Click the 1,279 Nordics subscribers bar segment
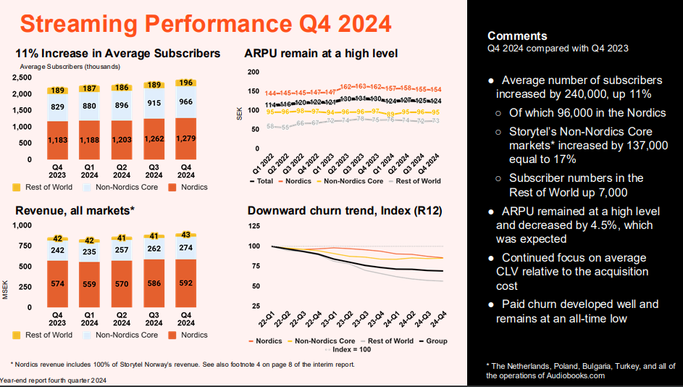pyautogui.click(x=186, y=138)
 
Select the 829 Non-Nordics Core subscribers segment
pyautogui.click(x=57, y=107)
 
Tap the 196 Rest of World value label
pyautogui.click(x=186, y=83)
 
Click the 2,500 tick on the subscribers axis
pyautogui.click(x=22, y=77)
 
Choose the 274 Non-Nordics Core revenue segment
pyautogui.click(x=186, y=248)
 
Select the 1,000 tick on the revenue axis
pyautogui.click(x=23, y=225)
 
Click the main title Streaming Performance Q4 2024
pyautogui.click(x=205, y=23)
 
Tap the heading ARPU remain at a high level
pyautogui.click(x=321, y=54)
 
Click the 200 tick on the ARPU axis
pyautogui.click(x=253, y=72)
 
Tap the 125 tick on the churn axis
pyautogui.click(x=253, y=226)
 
